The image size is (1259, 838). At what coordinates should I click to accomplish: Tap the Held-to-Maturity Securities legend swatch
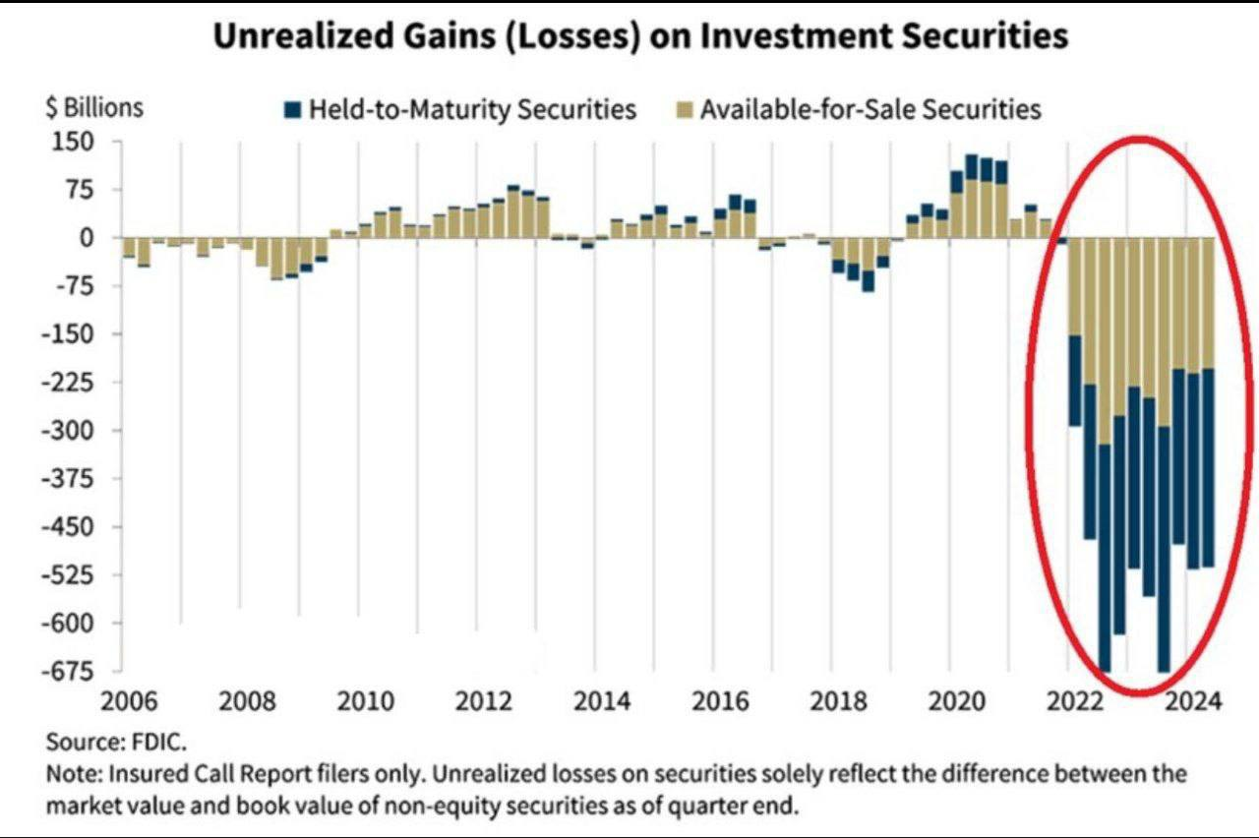pyautogui.click(x=290, y=109)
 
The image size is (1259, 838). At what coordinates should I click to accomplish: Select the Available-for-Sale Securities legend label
pyautogui.click(x=870, y=109)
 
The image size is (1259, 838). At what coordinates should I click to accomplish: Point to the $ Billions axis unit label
pyautogui.click(x=94, y=108)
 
